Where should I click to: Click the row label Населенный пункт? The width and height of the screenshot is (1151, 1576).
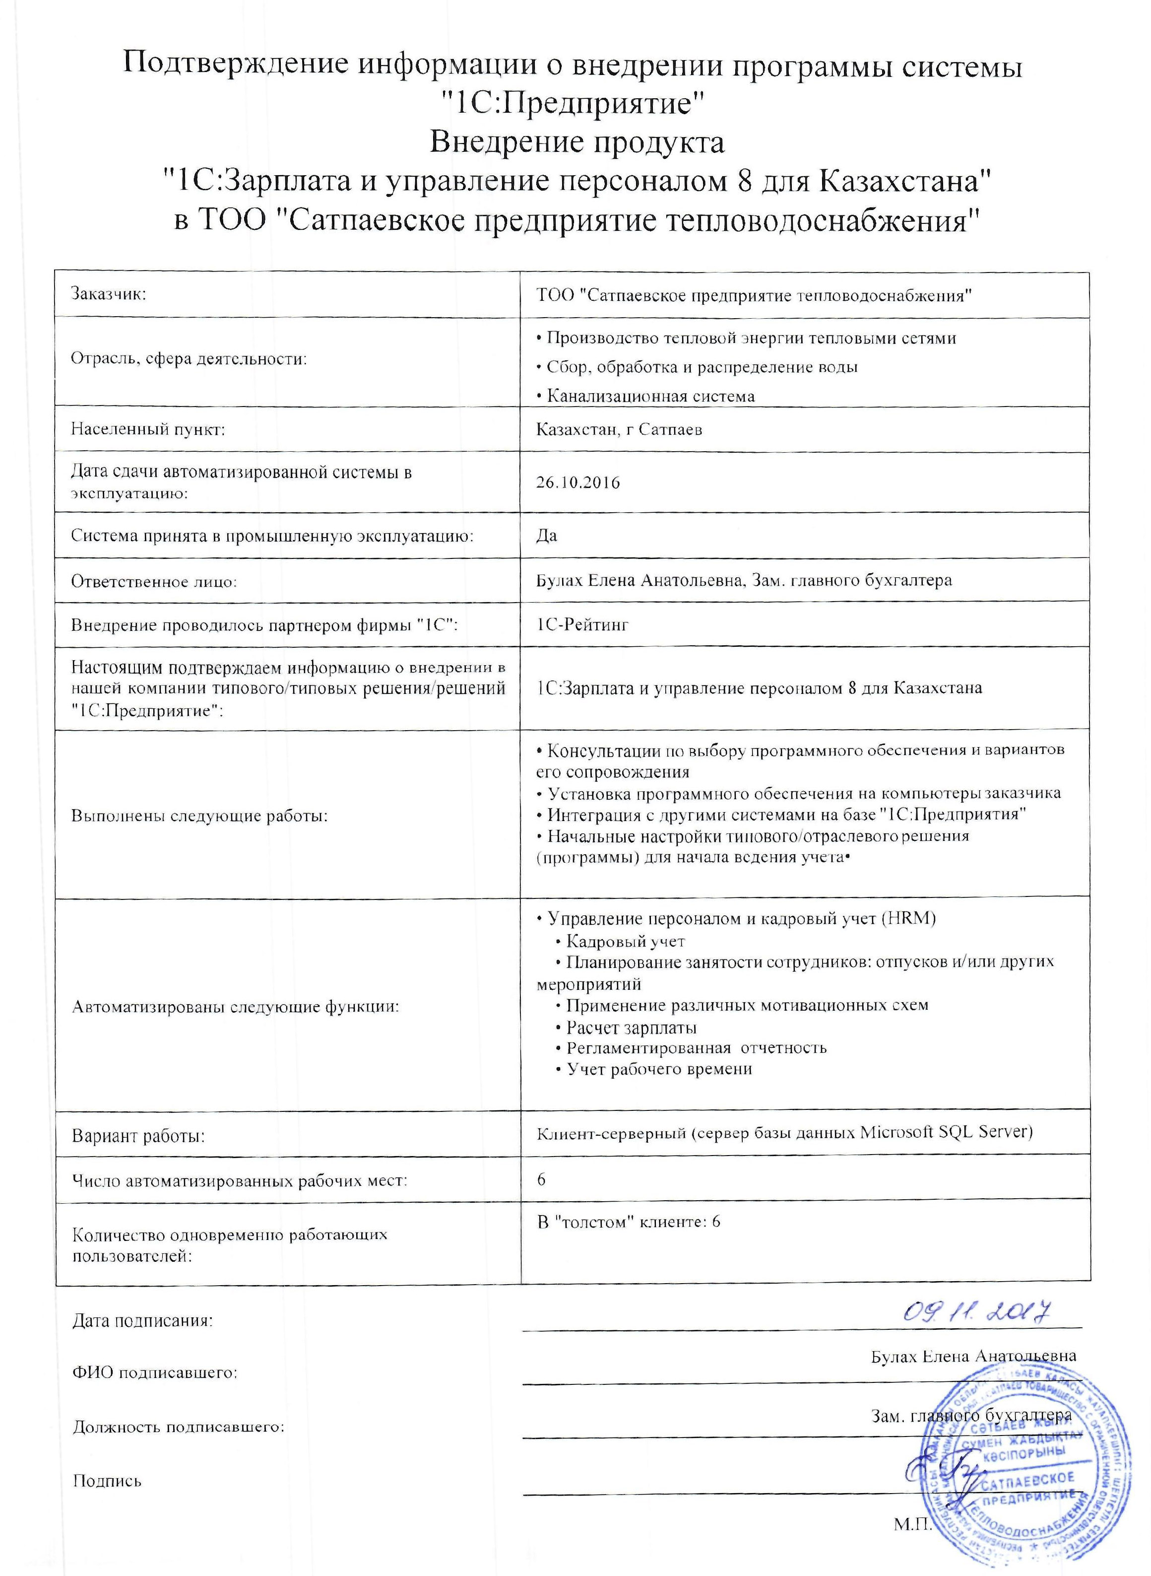coord(148,429)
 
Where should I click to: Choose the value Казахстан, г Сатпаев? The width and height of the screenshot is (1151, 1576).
coord(619,429)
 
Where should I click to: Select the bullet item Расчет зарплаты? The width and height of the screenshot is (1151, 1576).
coord(631,1028)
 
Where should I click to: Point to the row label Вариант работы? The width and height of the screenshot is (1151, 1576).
coord(138,1136)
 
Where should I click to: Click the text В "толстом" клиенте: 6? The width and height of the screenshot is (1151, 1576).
coord(629,1222)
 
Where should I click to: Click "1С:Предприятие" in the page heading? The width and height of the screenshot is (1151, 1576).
coord(576,105)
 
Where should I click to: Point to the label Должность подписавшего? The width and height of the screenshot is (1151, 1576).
coord(179,1427)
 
